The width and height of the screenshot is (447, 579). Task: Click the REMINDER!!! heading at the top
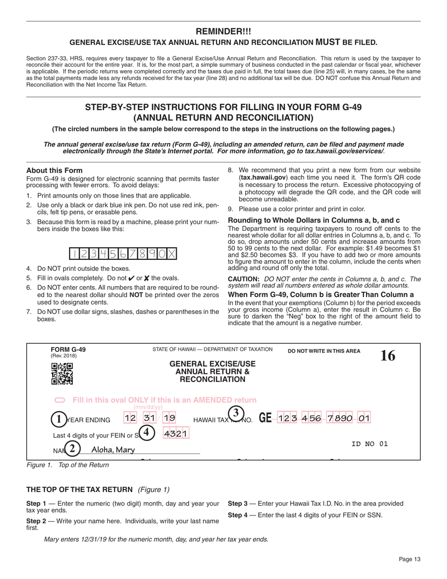(x=223, y=32)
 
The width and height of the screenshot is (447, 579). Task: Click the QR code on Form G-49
(x=62, y=374)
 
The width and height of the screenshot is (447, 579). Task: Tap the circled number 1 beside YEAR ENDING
(x=58, y=419)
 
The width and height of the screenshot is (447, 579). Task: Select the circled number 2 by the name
(x=72, y=449)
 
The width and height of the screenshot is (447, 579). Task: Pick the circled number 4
(x=147, y=432)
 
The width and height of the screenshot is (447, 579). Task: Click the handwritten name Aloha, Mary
(x=113, y=450)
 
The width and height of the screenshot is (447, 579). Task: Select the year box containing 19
(x=169, y=418)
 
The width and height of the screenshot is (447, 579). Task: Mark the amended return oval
(x=60, y=400)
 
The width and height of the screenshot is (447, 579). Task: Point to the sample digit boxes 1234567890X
(x=123, y=254)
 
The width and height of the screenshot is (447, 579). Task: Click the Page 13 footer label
(x=409, y=559)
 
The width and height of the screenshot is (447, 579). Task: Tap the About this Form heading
(x=54, y=170)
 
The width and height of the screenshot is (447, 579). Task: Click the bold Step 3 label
(x=238, y=504)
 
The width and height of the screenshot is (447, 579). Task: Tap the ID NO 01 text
(x=369, y=443)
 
